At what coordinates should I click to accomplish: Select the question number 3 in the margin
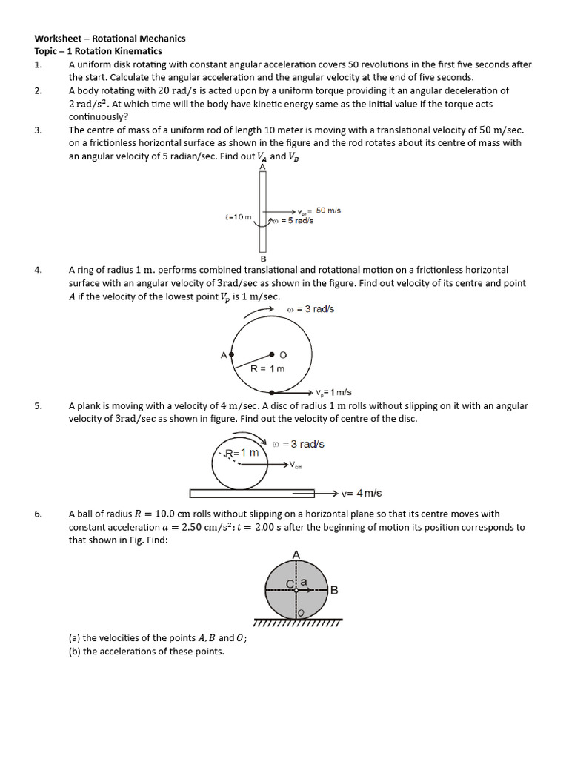[x=38, y=130]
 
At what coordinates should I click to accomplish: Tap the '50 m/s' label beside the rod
[x=328, y=211]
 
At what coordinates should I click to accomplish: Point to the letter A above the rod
[x=262, y=168]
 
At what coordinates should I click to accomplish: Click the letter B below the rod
[x=262, y=258]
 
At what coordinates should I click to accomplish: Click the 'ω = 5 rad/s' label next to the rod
[x=294, y=220]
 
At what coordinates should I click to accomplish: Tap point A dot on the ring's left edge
[x=232, y=355]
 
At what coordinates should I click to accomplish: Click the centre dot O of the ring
[x=272, y=355]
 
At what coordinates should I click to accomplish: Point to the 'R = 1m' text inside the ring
[x=267, y=368]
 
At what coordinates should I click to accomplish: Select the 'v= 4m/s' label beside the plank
[x=362, y=493]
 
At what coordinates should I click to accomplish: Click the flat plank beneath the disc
[x=252, y=493]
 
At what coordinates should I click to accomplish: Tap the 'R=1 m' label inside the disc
[x=242, y=452]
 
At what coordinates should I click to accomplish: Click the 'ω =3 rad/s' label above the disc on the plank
[x=298, y=444]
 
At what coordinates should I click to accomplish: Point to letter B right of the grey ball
[x=334, y=590]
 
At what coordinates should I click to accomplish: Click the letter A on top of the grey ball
[x=296, y=554]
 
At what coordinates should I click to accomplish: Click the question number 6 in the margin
[x=38, y=514]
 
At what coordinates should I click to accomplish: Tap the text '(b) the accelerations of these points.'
[x=146, y=652]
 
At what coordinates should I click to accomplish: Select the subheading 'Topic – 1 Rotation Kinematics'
[x=98, y=51]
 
